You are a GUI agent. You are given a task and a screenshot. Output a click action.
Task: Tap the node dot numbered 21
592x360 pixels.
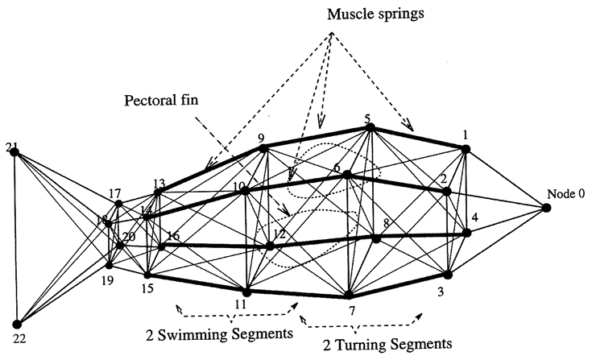pos(14,153)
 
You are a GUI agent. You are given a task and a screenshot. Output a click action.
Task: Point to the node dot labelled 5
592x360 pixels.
pos(368,127)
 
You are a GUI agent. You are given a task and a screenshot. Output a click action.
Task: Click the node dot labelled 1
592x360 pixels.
pos(465,148)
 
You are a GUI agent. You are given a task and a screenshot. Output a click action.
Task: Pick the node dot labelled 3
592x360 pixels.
pos(449,275)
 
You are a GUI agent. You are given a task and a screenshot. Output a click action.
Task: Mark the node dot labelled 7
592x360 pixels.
pos(348,296)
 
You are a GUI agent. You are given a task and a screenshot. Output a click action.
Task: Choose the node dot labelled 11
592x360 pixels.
pos(246,292)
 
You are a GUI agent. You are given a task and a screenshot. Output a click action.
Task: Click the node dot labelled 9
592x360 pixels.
pos(263,148)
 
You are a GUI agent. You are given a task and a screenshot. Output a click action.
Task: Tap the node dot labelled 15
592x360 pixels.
pos(147,275)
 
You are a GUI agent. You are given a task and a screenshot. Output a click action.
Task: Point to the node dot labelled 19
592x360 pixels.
pos(110,264)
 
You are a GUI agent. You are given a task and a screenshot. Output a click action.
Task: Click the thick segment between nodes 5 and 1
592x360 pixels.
pos(416,138)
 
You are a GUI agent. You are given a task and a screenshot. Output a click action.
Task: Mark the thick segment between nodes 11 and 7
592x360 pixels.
pos(297,294)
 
